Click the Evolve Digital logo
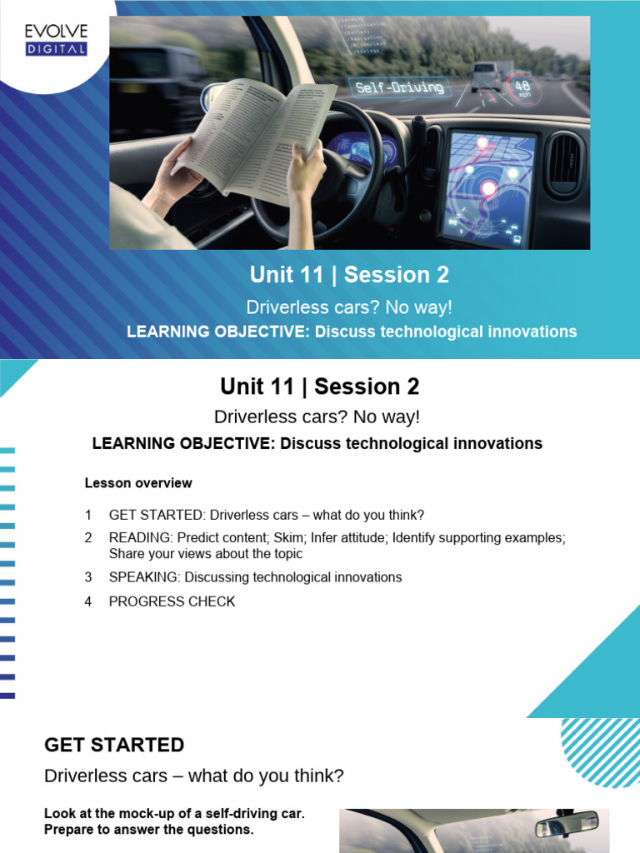[x=55, y=39]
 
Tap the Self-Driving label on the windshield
[x=399, y=87]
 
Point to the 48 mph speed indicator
[x=523, y=88]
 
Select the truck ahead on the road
[x=485, y=77]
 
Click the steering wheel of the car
[x=333, y=171]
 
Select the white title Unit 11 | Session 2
[x=350, y=275]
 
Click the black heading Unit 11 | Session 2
[x=320, y=387]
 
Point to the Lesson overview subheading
[x=138, y=483]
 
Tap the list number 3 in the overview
[x=88, y=577]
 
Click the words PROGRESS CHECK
[x=172, y=601]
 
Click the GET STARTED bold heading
[x=114, y=745]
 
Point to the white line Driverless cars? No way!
[x=350, y=307]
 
